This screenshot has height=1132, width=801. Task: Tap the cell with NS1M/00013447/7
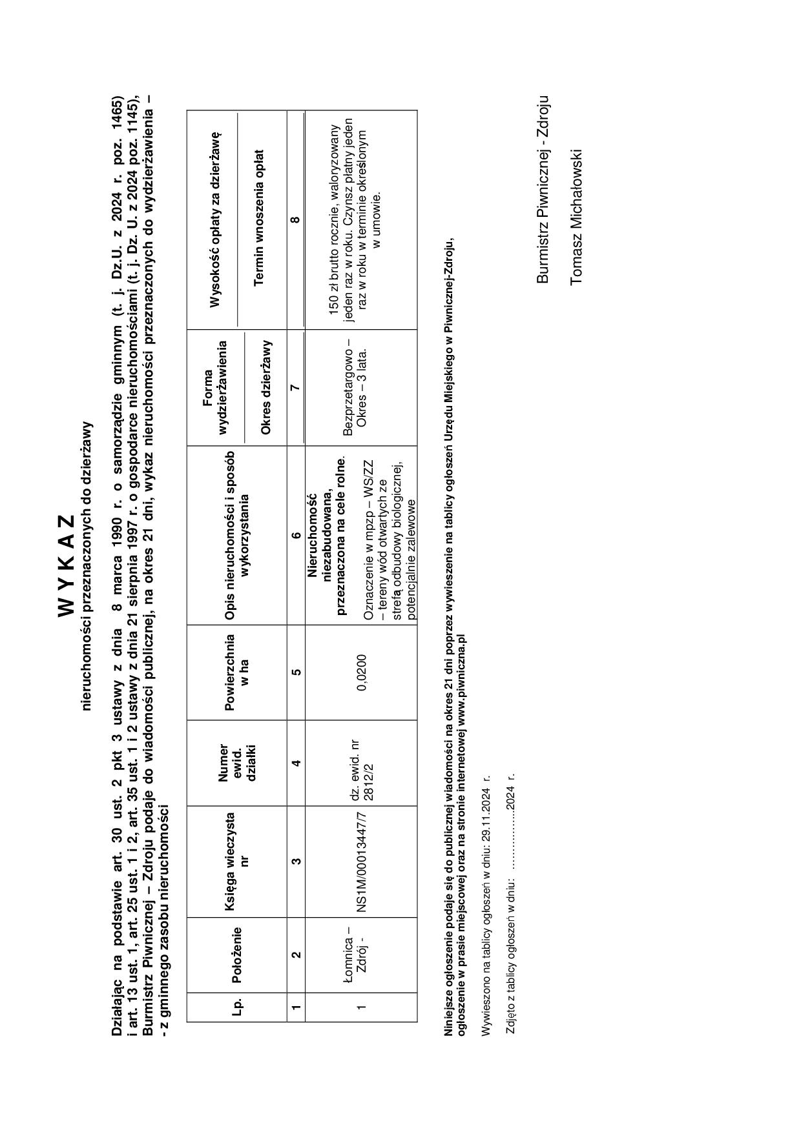click(361, 862)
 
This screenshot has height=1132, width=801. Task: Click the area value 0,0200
click(361, 672)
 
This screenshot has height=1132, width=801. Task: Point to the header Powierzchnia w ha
click(236, 672)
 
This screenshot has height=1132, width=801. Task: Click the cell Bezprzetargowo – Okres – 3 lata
click(355, 387)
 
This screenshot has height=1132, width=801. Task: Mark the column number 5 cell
click(295, 672)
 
